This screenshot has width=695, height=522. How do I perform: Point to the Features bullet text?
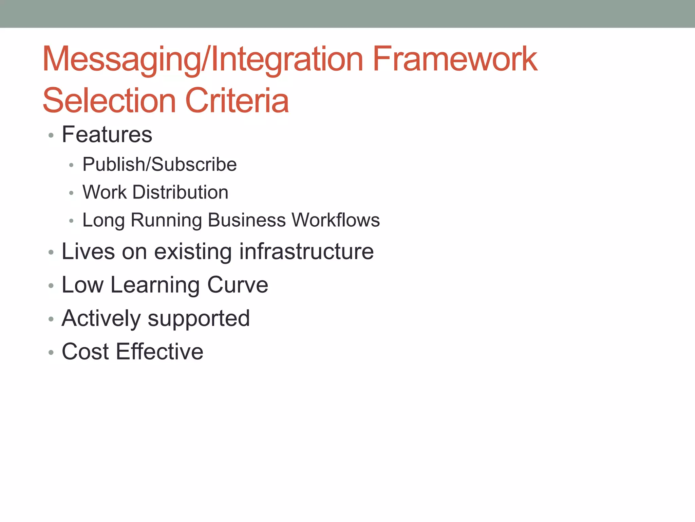click(x=107, y=135)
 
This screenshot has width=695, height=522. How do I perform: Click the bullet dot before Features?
click(x=51, y=136)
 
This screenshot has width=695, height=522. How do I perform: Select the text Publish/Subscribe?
click(x=159, y=164)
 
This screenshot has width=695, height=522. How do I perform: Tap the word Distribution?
click(x=180, y=192)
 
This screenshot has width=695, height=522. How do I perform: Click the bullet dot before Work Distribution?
click(x=71, y=193)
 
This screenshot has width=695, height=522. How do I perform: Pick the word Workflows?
click(x=336, y=220)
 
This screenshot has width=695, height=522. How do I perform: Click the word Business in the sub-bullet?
click(x=247, y=220)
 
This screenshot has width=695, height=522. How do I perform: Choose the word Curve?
click(x=238, y=285)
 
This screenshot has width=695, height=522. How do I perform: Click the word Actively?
click(x=101, y=319)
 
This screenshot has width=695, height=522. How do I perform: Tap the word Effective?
click(x=159, y=352)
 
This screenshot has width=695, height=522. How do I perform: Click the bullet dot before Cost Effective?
click(x=51, y=353)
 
